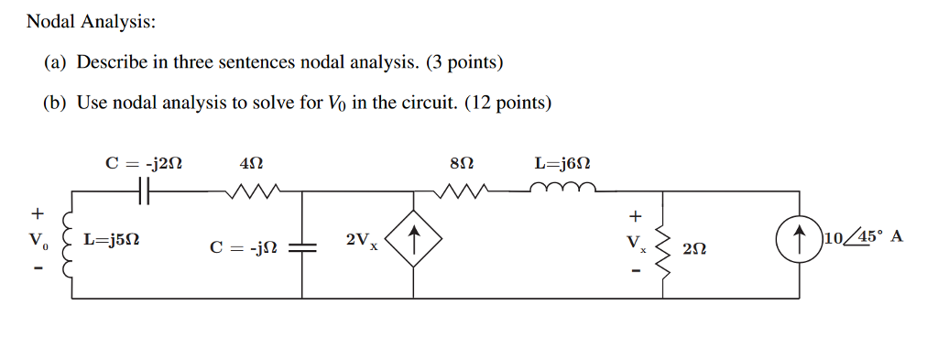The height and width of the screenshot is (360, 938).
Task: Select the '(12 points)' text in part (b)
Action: pyautogui.click(x=508, y=103)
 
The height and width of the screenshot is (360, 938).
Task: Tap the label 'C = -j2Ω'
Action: pyautogui.click(x=144, y=164)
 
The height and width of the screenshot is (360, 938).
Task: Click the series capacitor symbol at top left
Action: pyautogui.click(x=144, y=191)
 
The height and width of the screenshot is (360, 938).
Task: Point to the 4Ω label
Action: pyautogui.click(x=250, y=164)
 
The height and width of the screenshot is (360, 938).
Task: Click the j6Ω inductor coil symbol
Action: pyautogui.click(x=563, y=190)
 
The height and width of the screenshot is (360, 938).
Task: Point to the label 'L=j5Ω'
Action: pyautogui.click(x=112, y=241)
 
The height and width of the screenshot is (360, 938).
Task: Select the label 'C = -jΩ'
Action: pyautogui.click(x=244, y=247)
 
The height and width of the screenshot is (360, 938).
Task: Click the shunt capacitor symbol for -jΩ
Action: pyautogui.click(x=302, y=247)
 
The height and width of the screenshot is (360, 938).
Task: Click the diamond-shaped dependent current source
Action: pyautogui.click(x=415, y=243)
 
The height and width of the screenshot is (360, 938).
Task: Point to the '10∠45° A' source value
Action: pyautogui.click(x=864, y=237)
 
